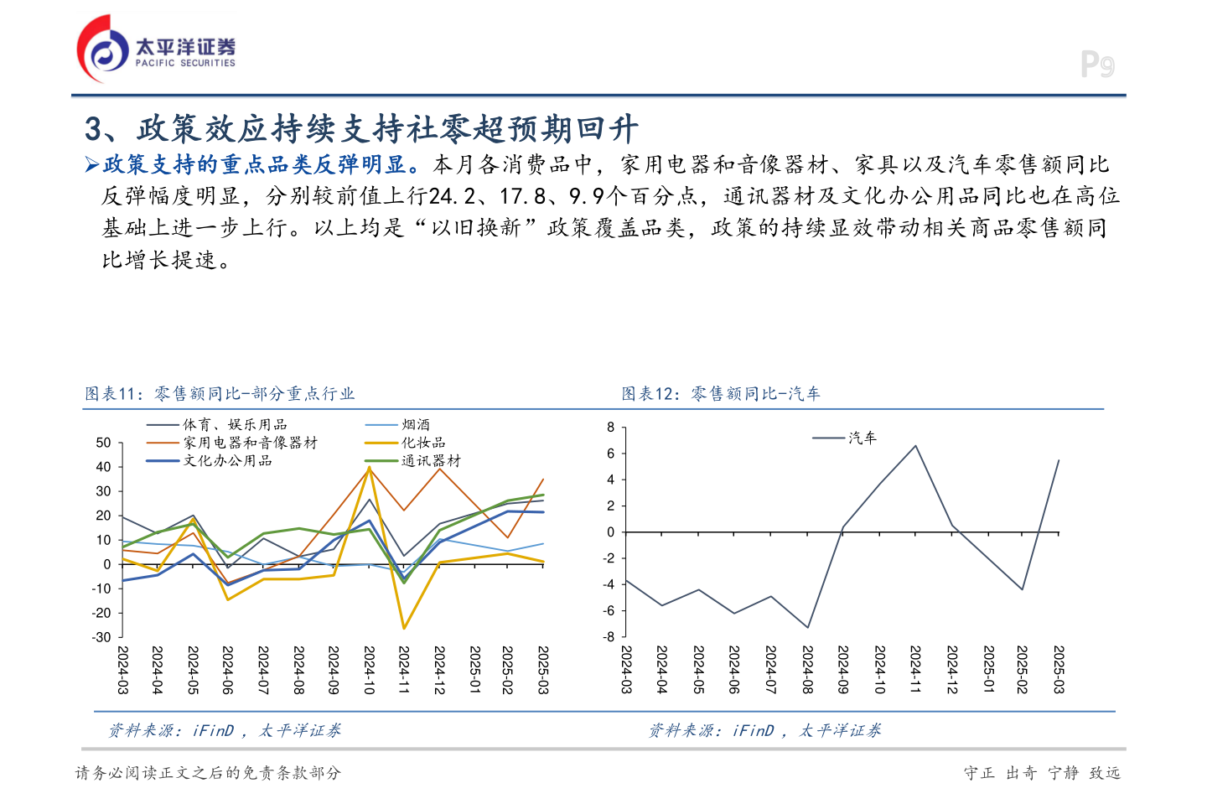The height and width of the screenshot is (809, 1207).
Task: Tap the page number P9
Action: (1096, 65)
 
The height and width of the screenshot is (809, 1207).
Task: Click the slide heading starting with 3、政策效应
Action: (361, 129)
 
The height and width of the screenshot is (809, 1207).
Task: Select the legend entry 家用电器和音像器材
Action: (250, 443)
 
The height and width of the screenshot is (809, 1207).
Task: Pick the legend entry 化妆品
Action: (423, 443)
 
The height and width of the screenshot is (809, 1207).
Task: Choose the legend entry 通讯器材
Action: (431, 461)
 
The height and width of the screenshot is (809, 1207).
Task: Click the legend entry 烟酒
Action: (416, 425)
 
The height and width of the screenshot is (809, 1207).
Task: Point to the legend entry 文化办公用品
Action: (227, 461)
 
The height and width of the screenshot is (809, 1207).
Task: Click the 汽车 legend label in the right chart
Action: (862, 438)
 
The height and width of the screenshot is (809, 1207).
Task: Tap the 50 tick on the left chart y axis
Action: (103, 443)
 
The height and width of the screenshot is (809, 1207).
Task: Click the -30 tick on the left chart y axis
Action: (101, 637)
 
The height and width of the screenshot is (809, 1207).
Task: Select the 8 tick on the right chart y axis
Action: (611, 428)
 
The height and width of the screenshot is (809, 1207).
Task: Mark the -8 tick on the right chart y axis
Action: (609, 637)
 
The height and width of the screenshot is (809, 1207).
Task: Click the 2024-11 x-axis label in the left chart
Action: (404, 670)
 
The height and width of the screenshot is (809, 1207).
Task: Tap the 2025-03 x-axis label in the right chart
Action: (1059, 670)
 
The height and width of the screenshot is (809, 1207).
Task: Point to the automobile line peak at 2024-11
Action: (915, 446)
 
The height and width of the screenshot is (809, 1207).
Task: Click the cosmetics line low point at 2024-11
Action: (404, 628)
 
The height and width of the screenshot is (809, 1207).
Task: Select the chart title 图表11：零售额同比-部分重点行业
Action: (220, 394)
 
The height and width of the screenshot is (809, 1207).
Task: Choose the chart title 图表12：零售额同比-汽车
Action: (721, 394)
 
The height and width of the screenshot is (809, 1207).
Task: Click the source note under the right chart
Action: (764, 731)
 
